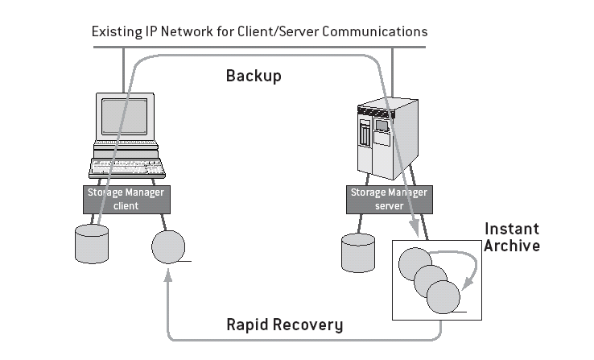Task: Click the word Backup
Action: click(x=254, y=76)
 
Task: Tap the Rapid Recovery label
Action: click(x=284, y=325)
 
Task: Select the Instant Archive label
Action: click(x=511, y=237)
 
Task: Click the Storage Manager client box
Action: click(x=125, y=199)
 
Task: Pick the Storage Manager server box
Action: click(x=388, y=199)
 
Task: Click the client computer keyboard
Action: click(x=127, y=168)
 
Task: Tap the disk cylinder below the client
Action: click(x=92, y=243)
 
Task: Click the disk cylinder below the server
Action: click(x=358, y=253)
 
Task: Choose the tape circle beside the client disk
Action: click(x=168, y=246)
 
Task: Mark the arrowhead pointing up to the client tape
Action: click(x=168, y=277)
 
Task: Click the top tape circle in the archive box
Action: click(x=416, y=263)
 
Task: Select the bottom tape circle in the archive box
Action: click(x=443, y=297)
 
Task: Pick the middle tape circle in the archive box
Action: click(x=430, y=280)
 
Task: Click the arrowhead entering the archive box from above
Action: click(x=413, y=230)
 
